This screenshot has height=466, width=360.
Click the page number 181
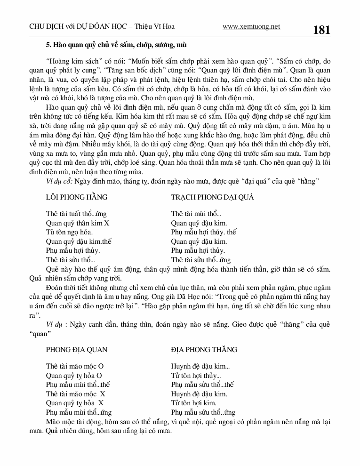pyautogui.click(x=321, y=30)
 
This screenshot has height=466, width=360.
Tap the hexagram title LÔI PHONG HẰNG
pyautogui.click(x=77, y=197)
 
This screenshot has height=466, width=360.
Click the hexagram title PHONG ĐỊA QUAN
pyautogui.click(x=77, y=350)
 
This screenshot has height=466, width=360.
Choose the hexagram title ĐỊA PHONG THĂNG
pyautogui.click(x=204, y=350)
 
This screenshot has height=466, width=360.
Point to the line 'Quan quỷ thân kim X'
pyautogui.click(x=78, y=223)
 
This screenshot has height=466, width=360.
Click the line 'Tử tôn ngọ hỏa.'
pyautogui.click(x=69, y=232)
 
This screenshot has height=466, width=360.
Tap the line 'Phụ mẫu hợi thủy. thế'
pyautogui.click(x=203, y=232)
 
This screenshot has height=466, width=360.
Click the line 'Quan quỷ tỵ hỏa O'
pyautogui.click(x=74, y=376)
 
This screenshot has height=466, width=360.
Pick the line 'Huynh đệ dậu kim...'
pyautogui.click(x=200, y=367)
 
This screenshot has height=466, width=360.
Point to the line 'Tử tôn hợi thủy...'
pyautogui.click(x=196, y=376)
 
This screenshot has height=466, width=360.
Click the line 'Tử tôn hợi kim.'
pyautogui.click(x=194, y=403)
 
